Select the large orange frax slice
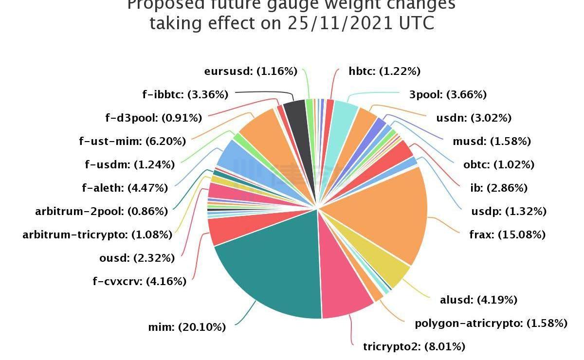[384, 214]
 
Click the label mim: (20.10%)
[187, 327]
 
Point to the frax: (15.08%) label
[507, 235]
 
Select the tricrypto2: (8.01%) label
[414, 347]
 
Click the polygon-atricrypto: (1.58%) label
[491, 324]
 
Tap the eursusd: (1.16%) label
[251, 72]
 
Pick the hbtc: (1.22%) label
[384, 72]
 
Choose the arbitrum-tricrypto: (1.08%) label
[97, 235]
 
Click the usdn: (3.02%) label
[474, 118]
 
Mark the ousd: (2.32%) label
[133, 258]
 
